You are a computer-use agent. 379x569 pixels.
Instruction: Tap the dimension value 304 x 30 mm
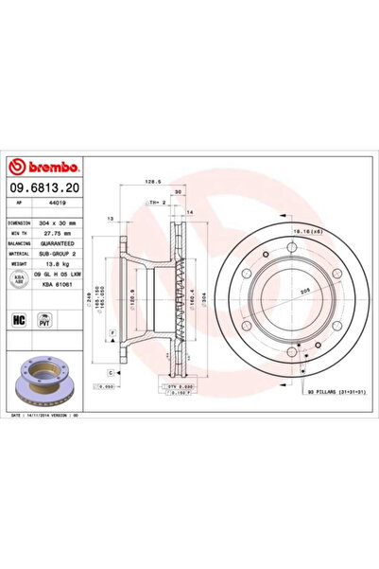tap(68, 222)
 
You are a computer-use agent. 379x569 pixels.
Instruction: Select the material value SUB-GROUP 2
tap(68, 252)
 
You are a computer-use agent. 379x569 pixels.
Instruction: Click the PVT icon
tap(43, 320)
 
